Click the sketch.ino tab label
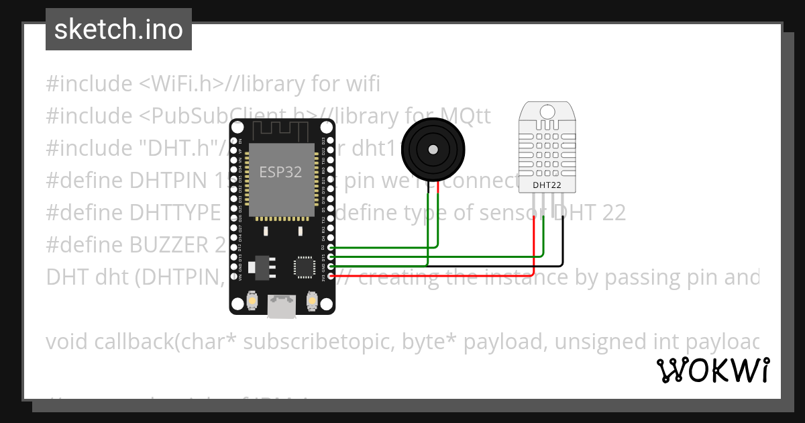[118, 30]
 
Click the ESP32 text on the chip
[280, 172]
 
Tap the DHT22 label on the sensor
[546, 185]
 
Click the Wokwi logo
[712, 370]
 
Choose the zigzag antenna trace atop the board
[282, 129]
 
